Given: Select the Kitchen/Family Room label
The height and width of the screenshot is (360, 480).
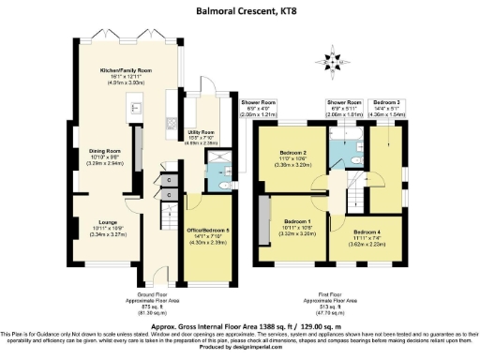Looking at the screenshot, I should pos(125,75).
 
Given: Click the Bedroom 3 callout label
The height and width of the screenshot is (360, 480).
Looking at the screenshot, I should pos(386,105).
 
